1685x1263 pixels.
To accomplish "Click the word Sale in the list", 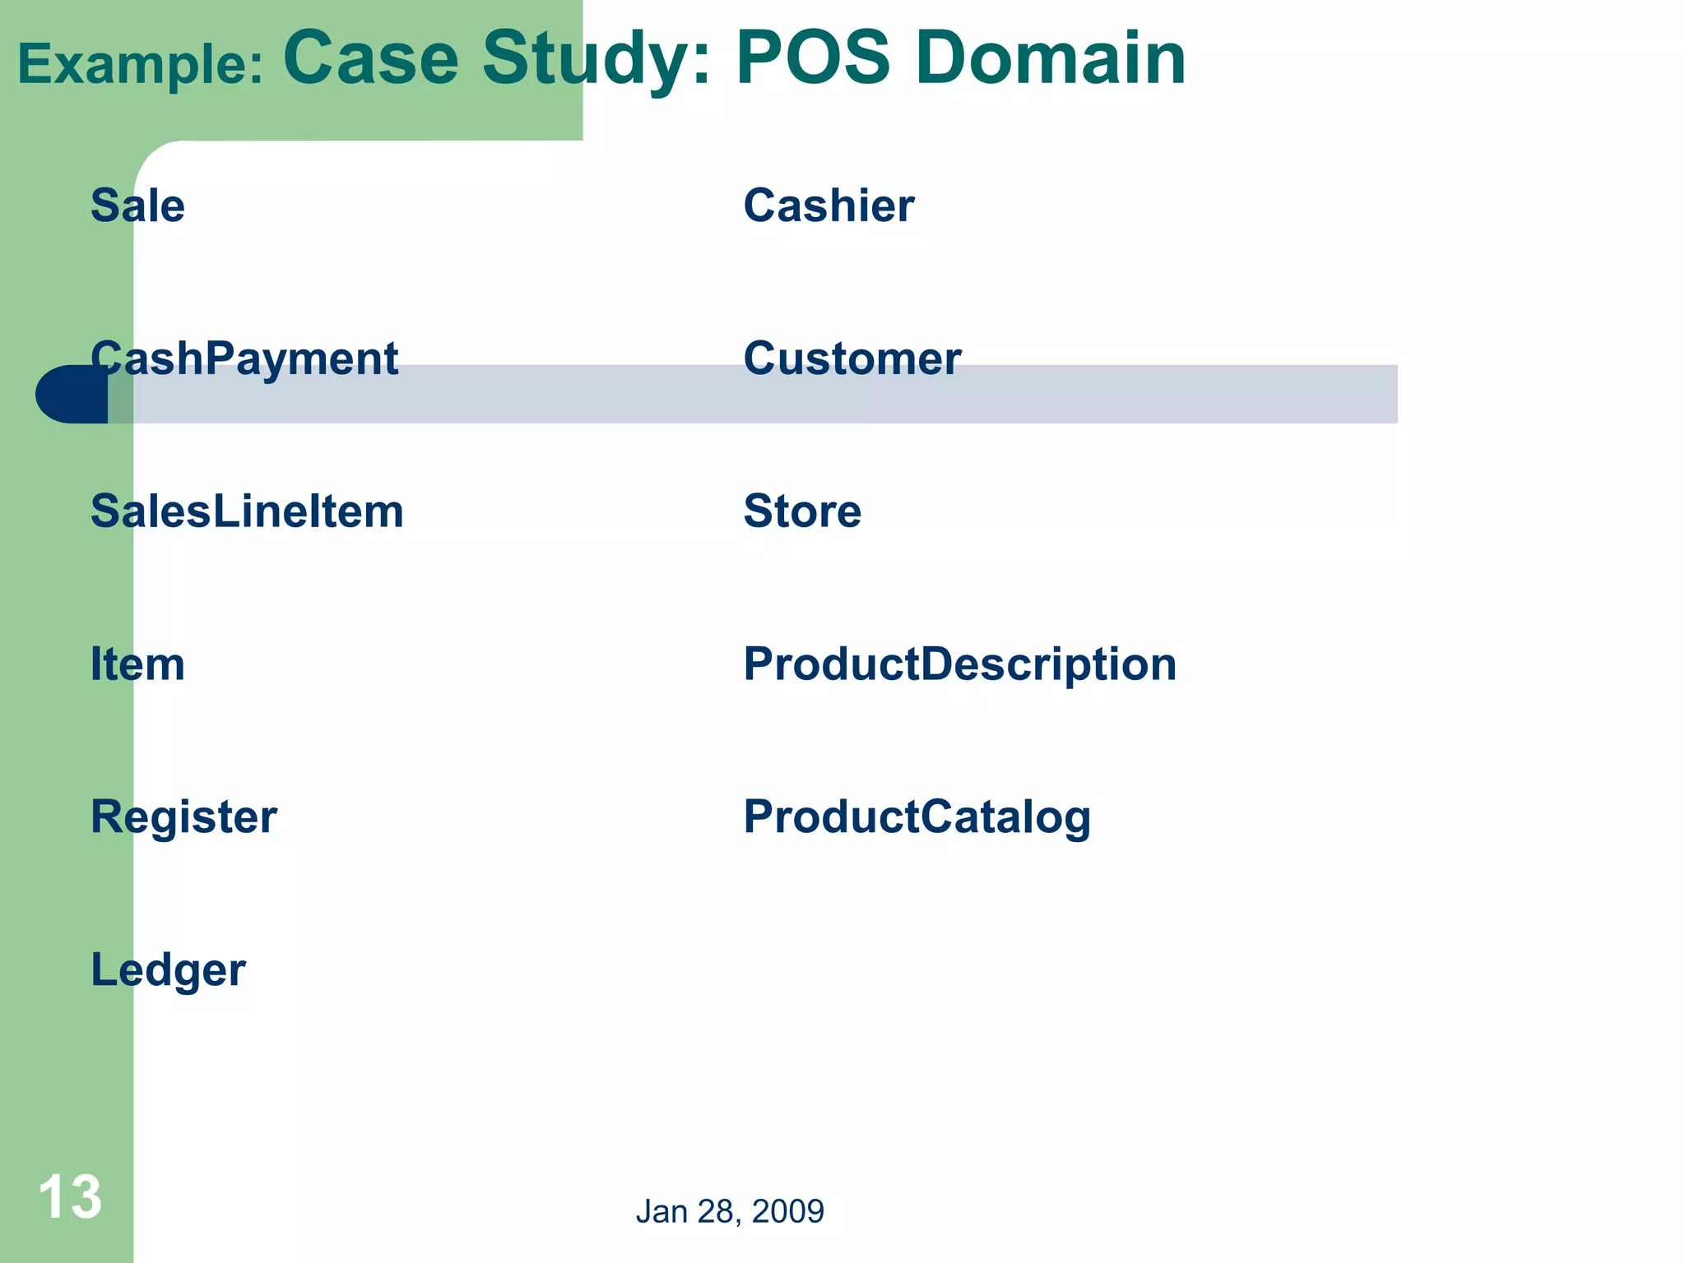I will [137, 206].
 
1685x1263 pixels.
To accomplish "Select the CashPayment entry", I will [244, 359].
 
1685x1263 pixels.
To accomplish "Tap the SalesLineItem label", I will [247, 511].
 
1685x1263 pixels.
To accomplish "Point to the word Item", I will [137, 664].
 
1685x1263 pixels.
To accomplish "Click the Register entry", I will [183, 817].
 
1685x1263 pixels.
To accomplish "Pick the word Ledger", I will [168, 970].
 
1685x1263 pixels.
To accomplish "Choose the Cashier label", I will [829, 206].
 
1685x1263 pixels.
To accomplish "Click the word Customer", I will [852, 359].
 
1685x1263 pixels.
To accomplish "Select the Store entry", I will [802, 511].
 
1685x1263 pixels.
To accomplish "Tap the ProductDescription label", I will [960, 664].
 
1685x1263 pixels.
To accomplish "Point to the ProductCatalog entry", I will [917, 817].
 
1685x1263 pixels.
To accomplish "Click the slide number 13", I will [70, 1197].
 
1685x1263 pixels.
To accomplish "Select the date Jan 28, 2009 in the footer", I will [730, 1211].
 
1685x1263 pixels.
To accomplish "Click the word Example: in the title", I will [141, 65].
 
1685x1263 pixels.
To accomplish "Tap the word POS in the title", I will [813, 59].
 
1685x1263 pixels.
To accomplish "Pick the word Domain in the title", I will [1051, 59].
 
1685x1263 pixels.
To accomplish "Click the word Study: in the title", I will [596, 59].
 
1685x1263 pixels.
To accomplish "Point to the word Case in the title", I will [371, 59].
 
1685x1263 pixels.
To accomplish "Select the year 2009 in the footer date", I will [787, 1211].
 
